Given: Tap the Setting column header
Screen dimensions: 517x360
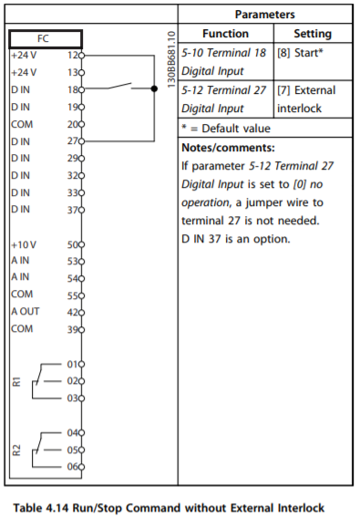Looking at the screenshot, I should coord(311,33).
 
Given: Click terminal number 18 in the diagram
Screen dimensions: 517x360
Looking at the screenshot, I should coord(73,90).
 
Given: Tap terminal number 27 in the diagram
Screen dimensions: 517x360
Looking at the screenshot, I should coord(73,141).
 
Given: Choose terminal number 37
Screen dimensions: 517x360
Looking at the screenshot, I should coord(73,210).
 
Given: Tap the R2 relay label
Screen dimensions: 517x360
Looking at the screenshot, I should coord(15,448).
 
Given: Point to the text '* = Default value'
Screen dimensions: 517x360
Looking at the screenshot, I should coord(226,129).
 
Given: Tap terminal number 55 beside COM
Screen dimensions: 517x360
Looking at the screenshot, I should coord(73,295).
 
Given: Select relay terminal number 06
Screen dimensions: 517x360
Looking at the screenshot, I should coord(73,466).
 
